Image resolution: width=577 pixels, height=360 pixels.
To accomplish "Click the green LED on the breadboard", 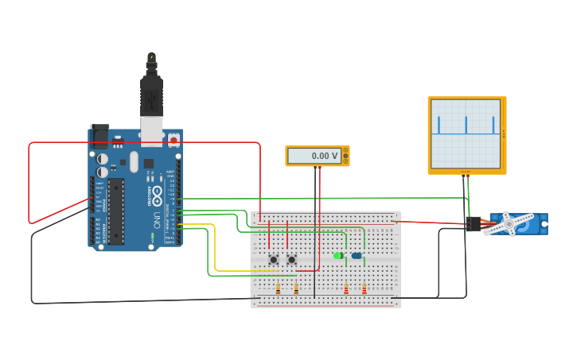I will click(x=338, y=255).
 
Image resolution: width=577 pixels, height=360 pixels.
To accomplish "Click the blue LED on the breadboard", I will click(x=356, y=255).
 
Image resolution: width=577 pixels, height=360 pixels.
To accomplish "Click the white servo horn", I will click(x=509, y=223).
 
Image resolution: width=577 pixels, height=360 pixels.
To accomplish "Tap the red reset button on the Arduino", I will click(x=173, y=140).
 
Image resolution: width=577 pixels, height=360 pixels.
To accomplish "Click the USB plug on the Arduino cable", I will click(x=151, y=95).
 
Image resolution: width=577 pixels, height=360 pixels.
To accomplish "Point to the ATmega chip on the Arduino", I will click(x=116, y=211).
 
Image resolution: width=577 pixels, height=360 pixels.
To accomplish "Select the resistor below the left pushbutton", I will click(x=278, y=289).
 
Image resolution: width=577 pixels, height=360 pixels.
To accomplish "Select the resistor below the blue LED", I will click(x=364, y=289).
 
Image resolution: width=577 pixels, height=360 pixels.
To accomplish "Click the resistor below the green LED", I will click(x=346, y=289).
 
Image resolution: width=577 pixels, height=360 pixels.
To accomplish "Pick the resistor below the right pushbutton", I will click(x=296, y=289).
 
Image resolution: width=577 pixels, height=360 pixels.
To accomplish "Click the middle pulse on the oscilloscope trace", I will click(x=466, y=125).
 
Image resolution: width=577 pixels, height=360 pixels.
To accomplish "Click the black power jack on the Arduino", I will click(x=99, y=136).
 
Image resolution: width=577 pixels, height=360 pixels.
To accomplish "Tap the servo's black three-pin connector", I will click(x=474, y=224).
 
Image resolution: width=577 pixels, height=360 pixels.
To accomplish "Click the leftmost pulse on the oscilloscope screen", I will click(x=438, y=125).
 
